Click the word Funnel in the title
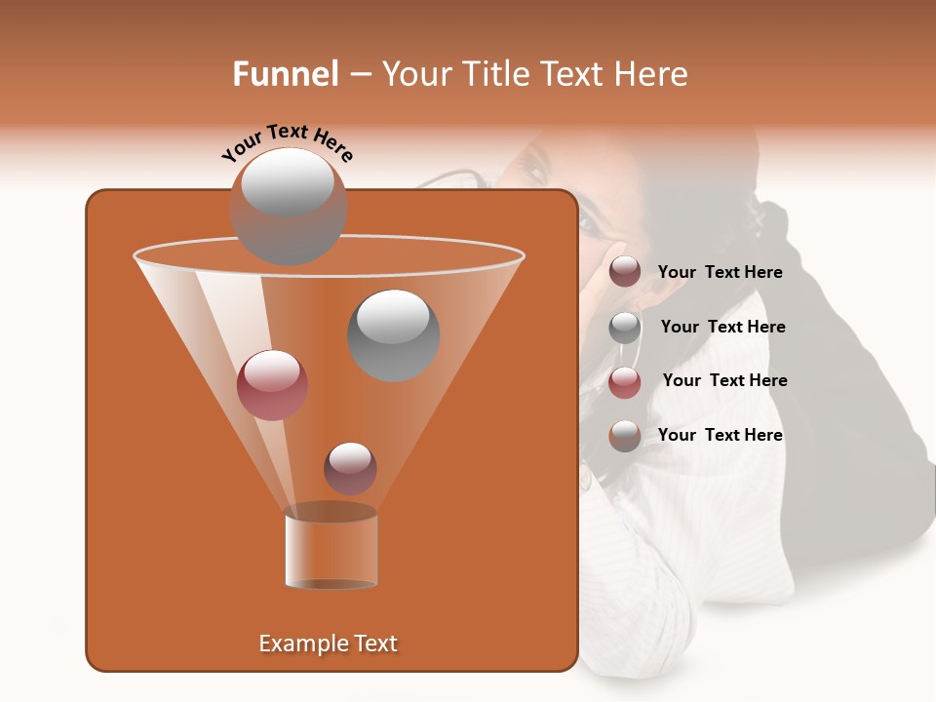click(285, 74)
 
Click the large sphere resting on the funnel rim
click(288, 207)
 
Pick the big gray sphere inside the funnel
click(393, 334)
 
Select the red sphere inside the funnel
click(272, 385)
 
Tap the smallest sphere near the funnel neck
click(350, 468)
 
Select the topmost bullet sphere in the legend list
click(624, 272)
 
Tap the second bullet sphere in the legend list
click(624, 328)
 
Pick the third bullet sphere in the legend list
click(624, 382)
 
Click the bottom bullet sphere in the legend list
click(624, 436)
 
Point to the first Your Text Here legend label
click(720, 272)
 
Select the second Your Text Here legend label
click(722, 327)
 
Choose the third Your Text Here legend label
click(724, 380)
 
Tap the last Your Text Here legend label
click(720, 435)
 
